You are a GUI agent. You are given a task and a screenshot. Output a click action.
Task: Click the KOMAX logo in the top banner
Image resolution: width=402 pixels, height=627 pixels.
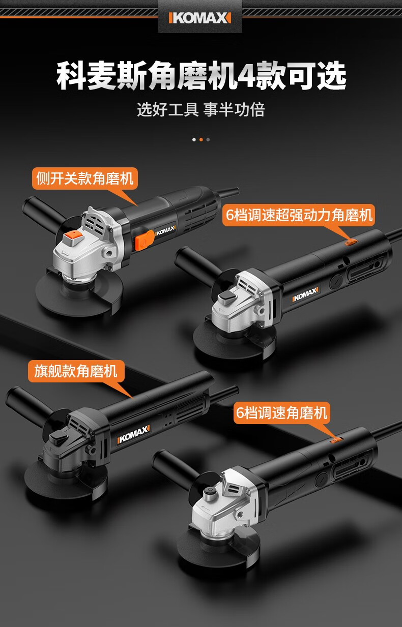[200, 18]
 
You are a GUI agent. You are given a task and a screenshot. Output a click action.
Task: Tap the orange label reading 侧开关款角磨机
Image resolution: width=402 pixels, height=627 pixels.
[84, 178]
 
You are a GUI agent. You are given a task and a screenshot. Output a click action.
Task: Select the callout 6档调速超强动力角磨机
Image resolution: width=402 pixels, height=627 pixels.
[299, 215]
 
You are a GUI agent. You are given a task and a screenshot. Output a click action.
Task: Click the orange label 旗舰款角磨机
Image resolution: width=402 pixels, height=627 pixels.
[76, 371]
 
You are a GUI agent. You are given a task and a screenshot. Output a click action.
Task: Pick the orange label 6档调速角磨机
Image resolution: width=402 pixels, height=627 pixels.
[281, 413]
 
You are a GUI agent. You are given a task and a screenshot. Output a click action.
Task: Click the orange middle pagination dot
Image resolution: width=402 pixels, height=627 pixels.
[201, 139]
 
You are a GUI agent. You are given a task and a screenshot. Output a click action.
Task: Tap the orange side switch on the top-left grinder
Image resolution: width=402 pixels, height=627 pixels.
[143, 240]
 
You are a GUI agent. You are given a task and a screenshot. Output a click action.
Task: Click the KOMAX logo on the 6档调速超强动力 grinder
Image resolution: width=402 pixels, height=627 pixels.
[305, 294]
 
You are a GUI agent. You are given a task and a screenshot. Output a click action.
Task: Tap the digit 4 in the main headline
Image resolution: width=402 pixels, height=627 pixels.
[246, 76]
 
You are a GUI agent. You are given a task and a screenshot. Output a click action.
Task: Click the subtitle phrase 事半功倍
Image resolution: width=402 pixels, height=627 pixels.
[234, 109]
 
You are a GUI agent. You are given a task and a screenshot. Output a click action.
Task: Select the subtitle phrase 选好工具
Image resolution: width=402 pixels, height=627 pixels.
[167, 109]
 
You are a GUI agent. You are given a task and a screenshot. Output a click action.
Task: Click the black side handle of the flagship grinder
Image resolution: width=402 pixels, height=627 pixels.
[30, 403]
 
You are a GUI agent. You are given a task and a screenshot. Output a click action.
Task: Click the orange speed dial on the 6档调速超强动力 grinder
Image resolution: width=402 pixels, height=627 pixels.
[350, 242]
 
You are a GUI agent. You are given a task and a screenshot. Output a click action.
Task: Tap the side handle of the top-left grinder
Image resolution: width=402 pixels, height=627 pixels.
[42, 210]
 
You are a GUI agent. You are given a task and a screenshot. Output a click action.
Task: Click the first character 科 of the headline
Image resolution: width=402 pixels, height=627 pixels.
[71, 76]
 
